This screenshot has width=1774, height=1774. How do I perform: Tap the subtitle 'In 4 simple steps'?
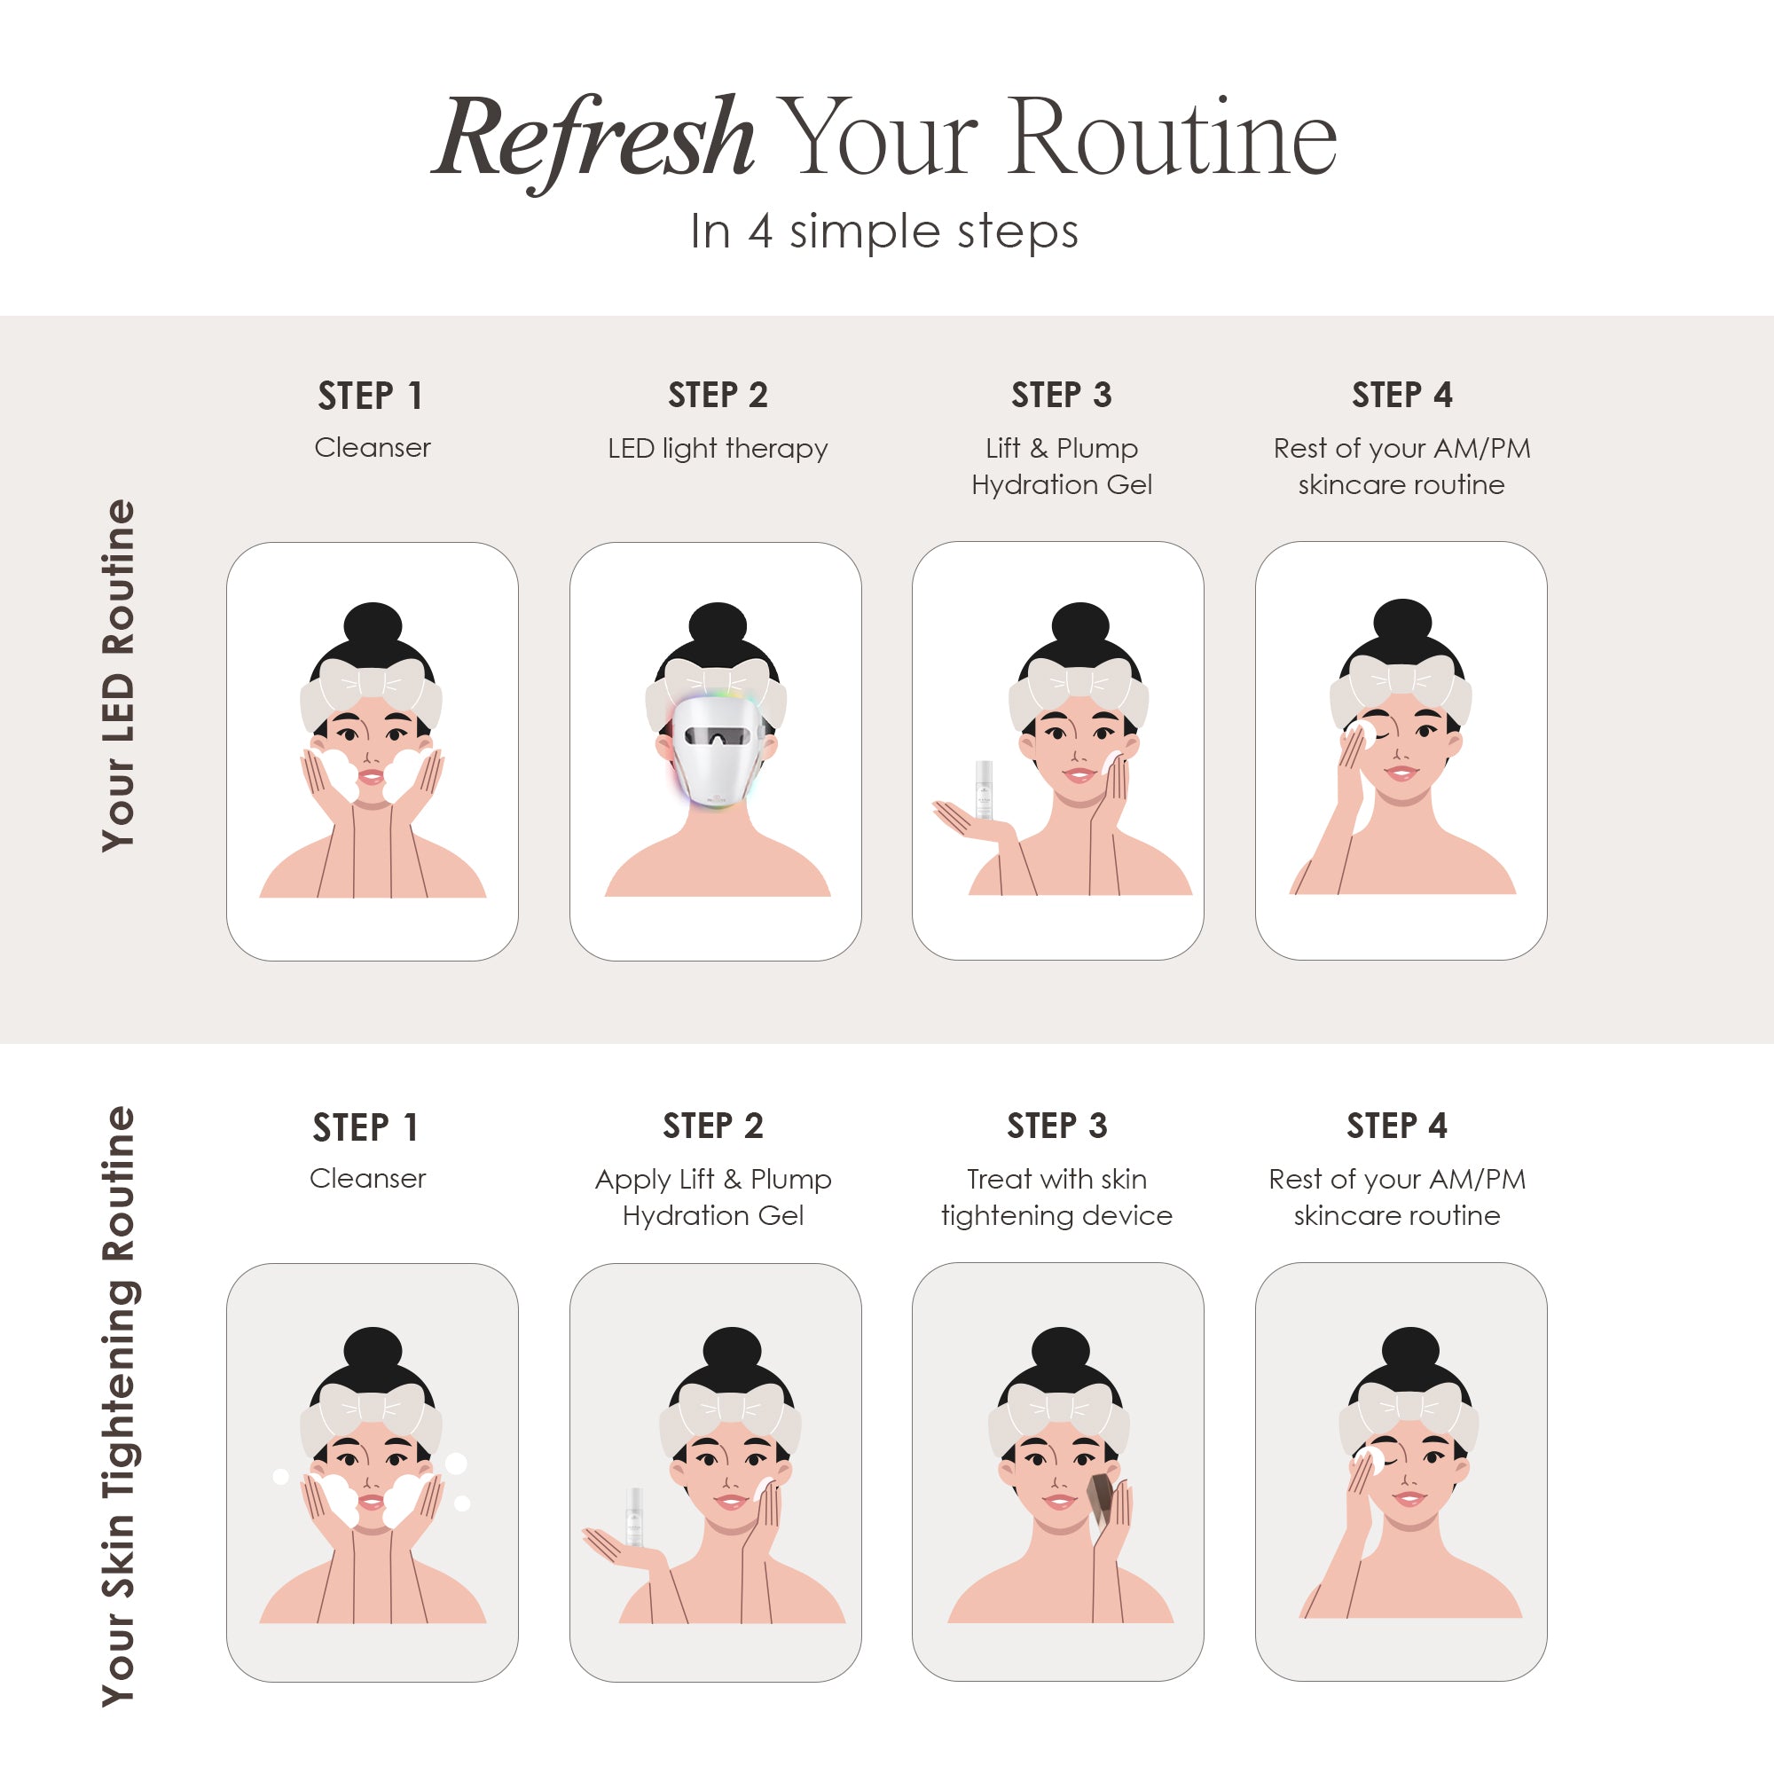(883, 231)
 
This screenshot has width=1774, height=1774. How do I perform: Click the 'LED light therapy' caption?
(717, 448)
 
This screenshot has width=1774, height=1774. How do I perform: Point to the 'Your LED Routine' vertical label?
(119, 676)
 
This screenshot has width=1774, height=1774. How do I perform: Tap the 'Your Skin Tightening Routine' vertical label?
(119, 1406)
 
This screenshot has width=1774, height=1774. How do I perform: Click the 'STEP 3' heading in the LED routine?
(1061, 395)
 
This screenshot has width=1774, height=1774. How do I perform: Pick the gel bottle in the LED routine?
(984, 789)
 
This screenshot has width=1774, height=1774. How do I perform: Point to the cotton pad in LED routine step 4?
(1359, 734)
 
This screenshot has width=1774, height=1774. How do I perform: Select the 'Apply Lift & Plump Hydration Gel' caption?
(712, 1197)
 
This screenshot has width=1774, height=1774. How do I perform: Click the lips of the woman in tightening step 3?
(1058, 1503)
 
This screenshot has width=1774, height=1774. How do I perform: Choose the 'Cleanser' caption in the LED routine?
(372, 447)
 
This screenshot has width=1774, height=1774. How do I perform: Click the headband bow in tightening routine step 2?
(730, 1407)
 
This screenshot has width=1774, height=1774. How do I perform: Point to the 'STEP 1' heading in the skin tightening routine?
(365, 1126)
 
